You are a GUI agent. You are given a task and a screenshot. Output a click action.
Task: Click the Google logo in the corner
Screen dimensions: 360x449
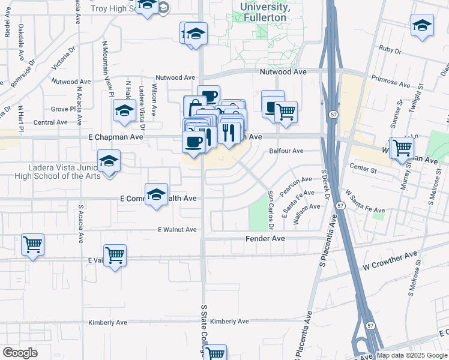[x=20, y=353]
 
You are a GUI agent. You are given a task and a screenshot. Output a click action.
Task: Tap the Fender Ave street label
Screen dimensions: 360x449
[x=265, y=239]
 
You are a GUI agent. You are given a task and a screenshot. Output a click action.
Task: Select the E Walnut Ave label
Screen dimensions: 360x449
[x=177, y=230]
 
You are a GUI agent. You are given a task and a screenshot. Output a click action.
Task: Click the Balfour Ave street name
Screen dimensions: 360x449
[x=286, y=151]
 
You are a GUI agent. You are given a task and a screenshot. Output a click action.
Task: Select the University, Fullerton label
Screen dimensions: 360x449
[x=265, y=12]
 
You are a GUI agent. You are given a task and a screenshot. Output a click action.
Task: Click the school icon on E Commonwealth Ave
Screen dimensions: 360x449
[x=156, y=195]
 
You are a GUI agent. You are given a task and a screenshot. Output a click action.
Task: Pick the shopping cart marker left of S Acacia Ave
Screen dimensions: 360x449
[x=32, y=245]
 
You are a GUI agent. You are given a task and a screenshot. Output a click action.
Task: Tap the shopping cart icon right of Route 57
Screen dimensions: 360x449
[x=402, y=146]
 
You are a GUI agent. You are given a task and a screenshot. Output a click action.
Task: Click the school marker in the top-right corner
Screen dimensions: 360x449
[x=422, y=25]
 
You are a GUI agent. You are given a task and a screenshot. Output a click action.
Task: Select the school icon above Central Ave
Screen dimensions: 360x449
[x=124, y=110]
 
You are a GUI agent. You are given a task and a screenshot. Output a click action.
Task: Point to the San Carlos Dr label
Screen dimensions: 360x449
[x=270, y=210]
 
